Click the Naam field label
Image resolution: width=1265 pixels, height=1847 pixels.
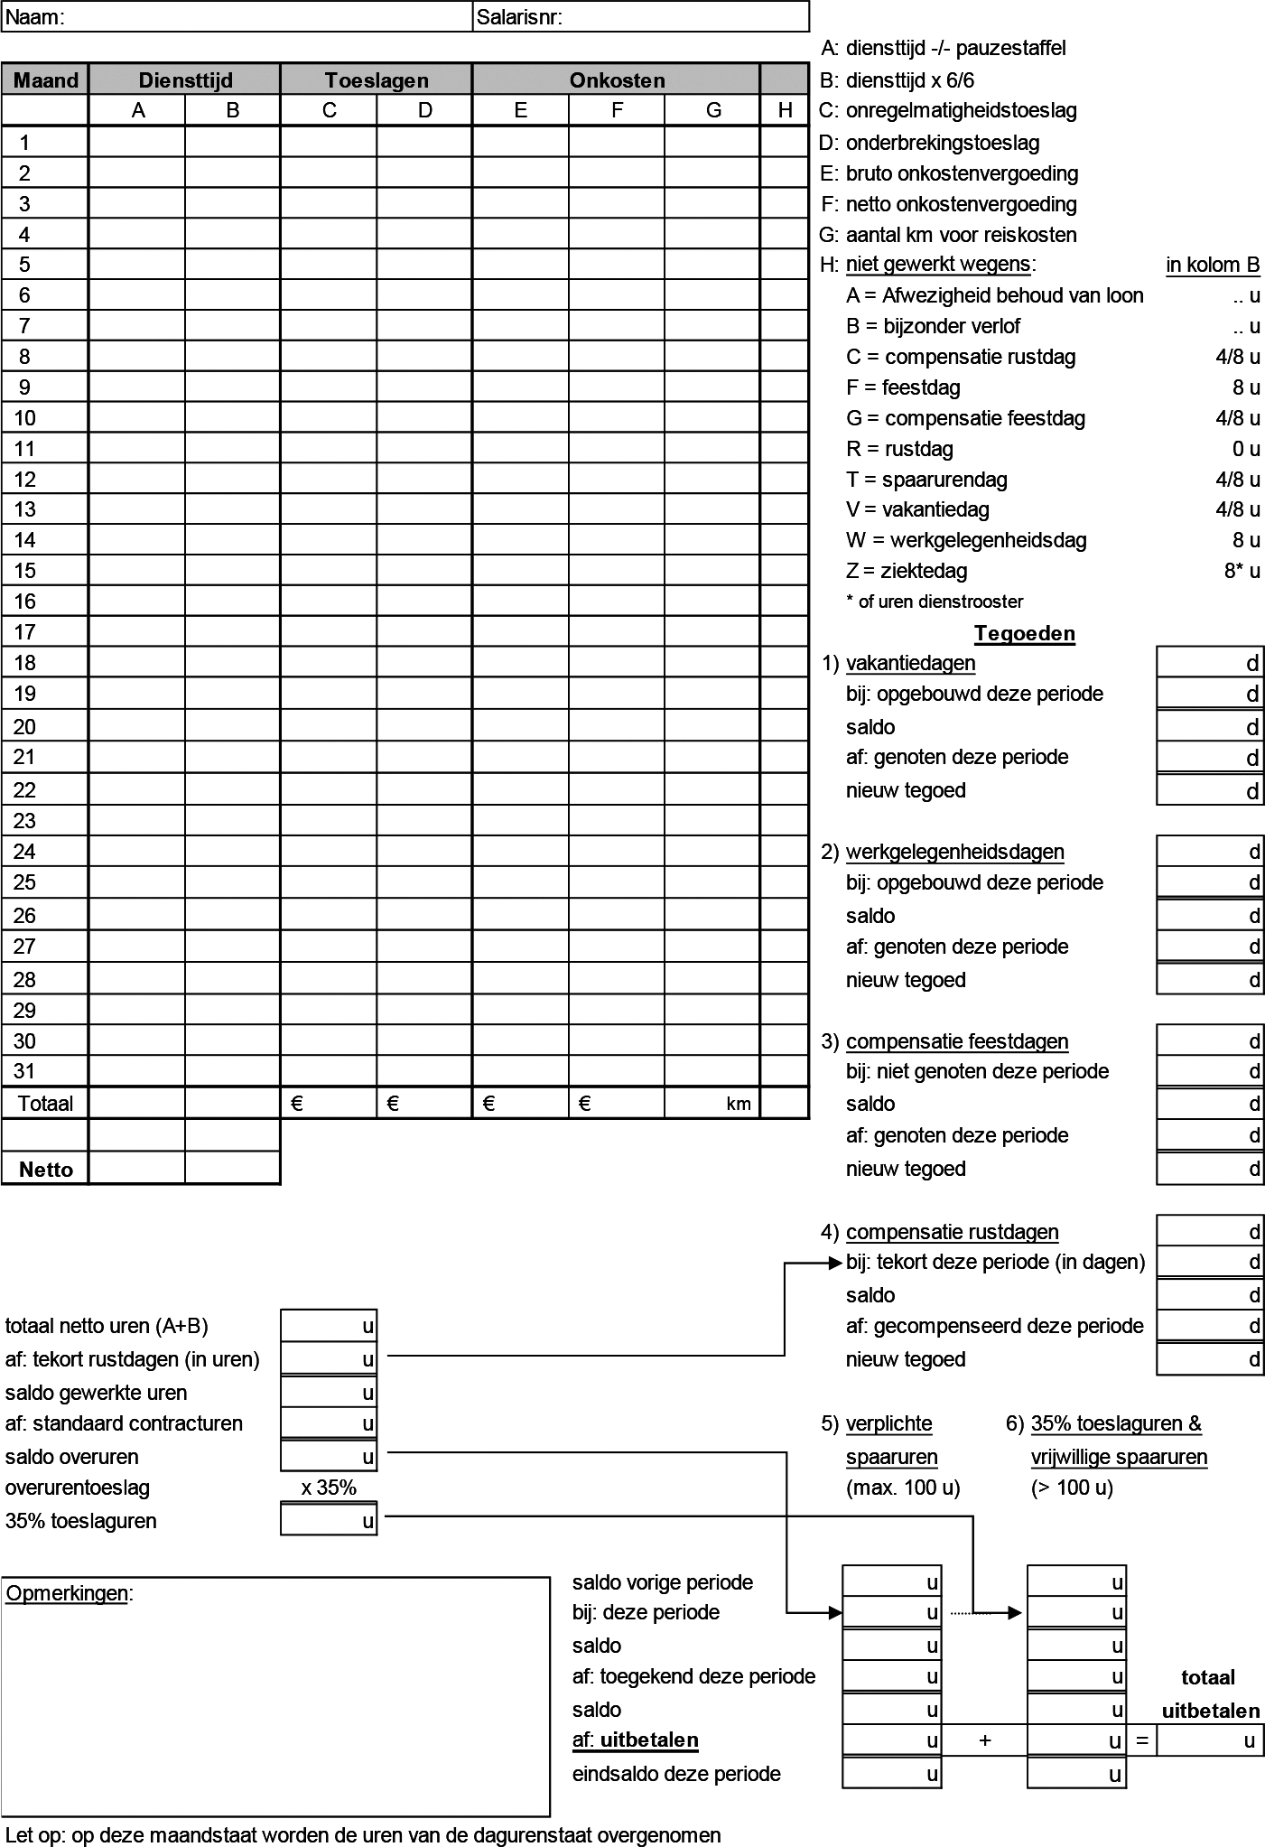tap(35, 17)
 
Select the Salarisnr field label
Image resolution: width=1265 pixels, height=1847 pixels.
tap(520, 17)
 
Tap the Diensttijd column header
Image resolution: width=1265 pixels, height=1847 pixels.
tap(185, 80)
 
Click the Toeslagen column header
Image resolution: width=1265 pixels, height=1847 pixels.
tap(377, 80)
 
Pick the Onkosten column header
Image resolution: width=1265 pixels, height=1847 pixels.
tap(617, 80)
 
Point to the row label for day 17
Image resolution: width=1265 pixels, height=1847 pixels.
tap(25, 632)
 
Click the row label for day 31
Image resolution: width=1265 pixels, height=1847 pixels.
tap(25, 1071)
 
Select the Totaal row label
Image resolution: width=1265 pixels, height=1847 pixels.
tap(45, 1103)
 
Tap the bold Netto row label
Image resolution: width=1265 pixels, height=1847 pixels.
tap(45, 1170)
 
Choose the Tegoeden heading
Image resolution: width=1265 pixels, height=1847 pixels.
tap(1024, 633)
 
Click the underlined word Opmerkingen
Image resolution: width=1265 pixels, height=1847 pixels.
tap(67, 1593)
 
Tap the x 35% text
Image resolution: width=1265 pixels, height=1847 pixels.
tap(329, 1488)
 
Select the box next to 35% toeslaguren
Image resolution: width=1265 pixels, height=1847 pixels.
tap(329, 1521)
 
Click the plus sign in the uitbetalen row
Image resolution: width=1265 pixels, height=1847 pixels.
tap(985, 1740)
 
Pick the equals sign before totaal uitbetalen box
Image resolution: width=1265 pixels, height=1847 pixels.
tap(1142, 1740)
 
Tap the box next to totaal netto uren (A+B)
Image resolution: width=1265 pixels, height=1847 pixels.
tap(329, 1326)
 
